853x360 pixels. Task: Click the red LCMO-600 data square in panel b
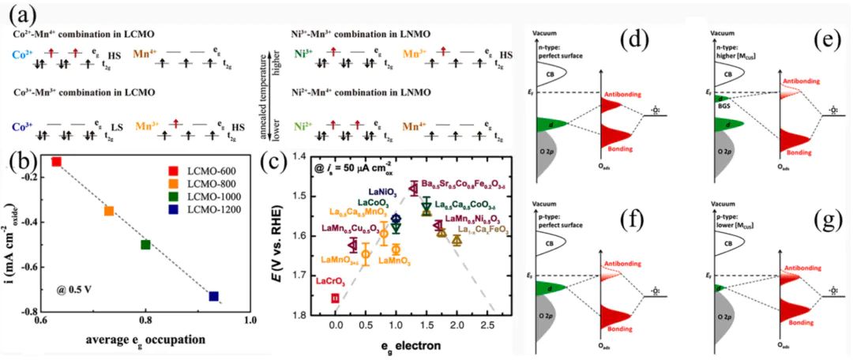coord(56,161)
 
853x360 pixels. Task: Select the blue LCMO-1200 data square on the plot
coord(213,296)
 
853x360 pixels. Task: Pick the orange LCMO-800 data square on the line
coord(109,211)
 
